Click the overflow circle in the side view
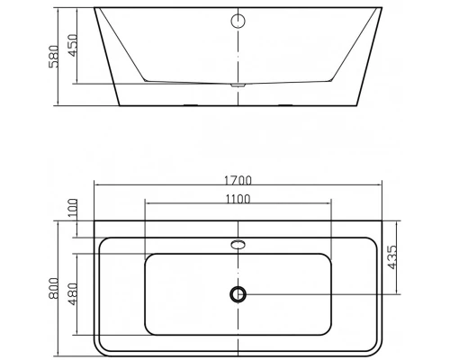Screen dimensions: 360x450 pos(239,21)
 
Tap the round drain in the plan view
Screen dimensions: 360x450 pos(238,293)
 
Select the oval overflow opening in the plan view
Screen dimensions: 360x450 pos(238,243)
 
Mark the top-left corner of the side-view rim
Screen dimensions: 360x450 pos(96,10)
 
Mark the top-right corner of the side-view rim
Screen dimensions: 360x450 pos(382,10)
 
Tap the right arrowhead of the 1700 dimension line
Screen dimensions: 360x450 pos(381,187)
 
